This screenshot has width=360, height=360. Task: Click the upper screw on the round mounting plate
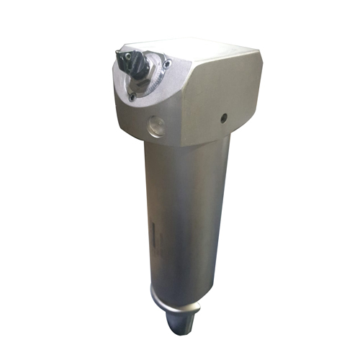point(167,64)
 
